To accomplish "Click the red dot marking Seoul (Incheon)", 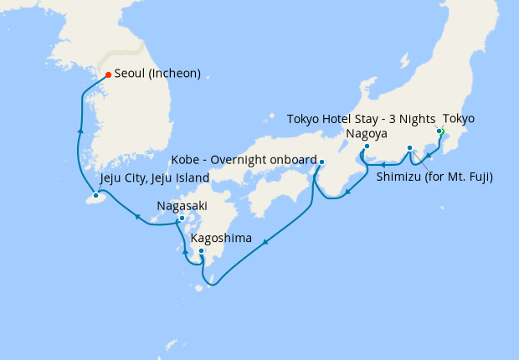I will (x=108, y=75).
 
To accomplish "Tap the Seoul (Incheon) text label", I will (x=157, y=74).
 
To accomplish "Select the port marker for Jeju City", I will (x=95, y=195).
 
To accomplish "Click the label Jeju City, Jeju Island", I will (x=155, y=179).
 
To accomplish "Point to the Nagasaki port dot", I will (x=181, y=219).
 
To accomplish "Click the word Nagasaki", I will (x=182, y=205).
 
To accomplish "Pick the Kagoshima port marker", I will (x=201, y=250).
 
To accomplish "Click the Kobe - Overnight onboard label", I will (x=244, y=160).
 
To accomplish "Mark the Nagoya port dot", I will (x=367, y=147).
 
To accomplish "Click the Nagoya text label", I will (x=367, y=133).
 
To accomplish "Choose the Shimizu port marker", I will (x=409, y=148).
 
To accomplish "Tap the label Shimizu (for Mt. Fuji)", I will (x=434, y=177).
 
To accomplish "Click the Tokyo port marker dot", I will (x=439, y=131).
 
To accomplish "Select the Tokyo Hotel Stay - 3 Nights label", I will (x=361, y=119).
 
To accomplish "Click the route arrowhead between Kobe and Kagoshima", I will (x=265, y=243).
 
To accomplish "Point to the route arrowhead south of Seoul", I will (x=80, y=131).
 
